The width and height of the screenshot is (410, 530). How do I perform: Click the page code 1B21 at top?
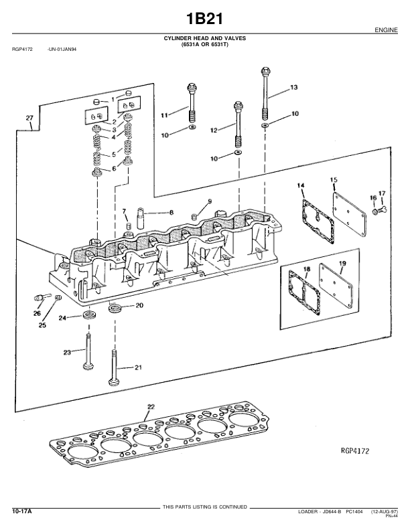[204, 19]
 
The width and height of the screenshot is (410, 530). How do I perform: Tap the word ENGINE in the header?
[386, 30]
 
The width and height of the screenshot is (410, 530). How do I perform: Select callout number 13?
[294, 88]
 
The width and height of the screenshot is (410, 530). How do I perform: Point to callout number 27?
[29, 118]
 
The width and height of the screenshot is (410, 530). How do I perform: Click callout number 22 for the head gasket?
[151, 407]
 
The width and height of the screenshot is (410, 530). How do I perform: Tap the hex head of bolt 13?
[265, 72]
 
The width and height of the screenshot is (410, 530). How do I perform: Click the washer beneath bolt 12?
[238, 153]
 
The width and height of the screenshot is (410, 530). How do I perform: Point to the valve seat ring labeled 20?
[115, 308]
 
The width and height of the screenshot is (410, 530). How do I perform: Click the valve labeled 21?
[115, 368]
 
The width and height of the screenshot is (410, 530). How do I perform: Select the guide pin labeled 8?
[140, 218]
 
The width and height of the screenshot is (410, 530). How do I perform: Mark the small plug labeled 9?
[194, 217]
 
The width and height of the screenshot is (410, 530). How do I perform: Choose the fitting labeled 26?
[41, 297]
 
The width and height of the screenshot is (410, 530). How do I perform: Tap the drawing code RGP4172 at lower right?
[355, 450]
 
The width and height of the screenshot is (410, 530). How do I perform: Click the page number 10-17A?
[22, 511]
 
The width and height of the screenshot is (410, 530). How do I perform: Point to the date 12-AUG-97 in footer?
[385, 511]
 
